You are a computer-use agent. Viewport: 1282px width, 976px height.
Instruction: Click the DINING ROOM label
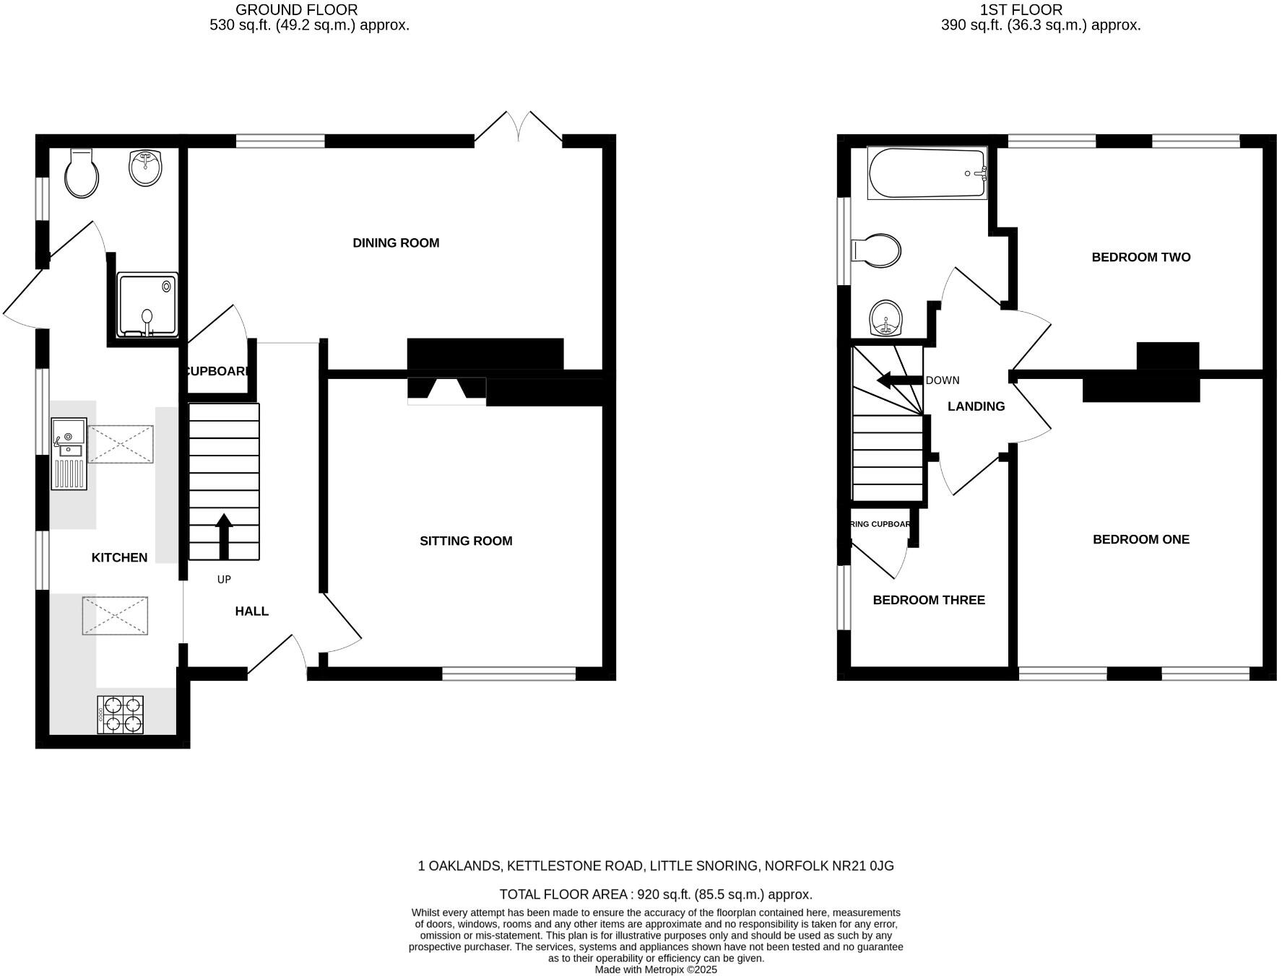(396, 243)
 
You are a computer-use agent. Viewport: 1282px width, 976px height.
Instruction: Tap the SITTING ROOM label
(466, 541)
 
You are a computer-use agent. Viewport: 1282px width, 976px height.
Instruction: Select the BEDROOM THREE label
(929, 601)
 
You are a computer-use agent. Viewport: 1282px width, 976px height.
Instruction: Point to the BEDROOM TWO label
(1140, 258)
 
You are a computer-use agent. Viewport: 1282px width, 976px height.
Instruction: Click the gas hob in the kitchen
(121, 715)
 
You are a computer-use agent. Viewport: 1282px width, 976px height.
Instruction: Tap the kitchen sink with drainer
(69, 454)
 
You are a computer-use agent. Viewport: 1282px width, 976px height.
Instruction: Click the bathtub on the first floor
(927, 174)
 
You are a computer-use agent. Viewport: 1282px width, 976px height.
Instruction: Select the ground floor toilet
(81, 173)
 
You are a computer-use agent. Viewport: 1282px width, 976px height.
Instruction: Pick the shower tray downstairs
(147, 305)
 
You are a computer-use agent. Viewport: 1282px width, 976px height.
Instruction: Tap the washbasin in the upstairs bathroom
(886, 318)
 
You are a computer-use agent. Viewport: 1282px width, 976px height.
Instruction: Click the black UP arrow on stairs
(224, 536)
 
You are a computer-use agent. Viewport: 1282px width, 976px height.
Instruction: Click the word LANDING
(976, 407)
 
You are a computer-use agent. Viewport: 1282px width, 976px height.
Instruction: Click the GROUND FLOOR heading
(296, 10)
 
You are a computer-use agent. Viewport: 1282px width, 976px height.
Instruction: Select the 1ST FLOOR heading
(1021, 10)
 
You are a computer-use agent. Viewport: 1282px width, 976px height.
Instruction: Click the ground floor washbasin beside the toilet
(145, 167)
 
